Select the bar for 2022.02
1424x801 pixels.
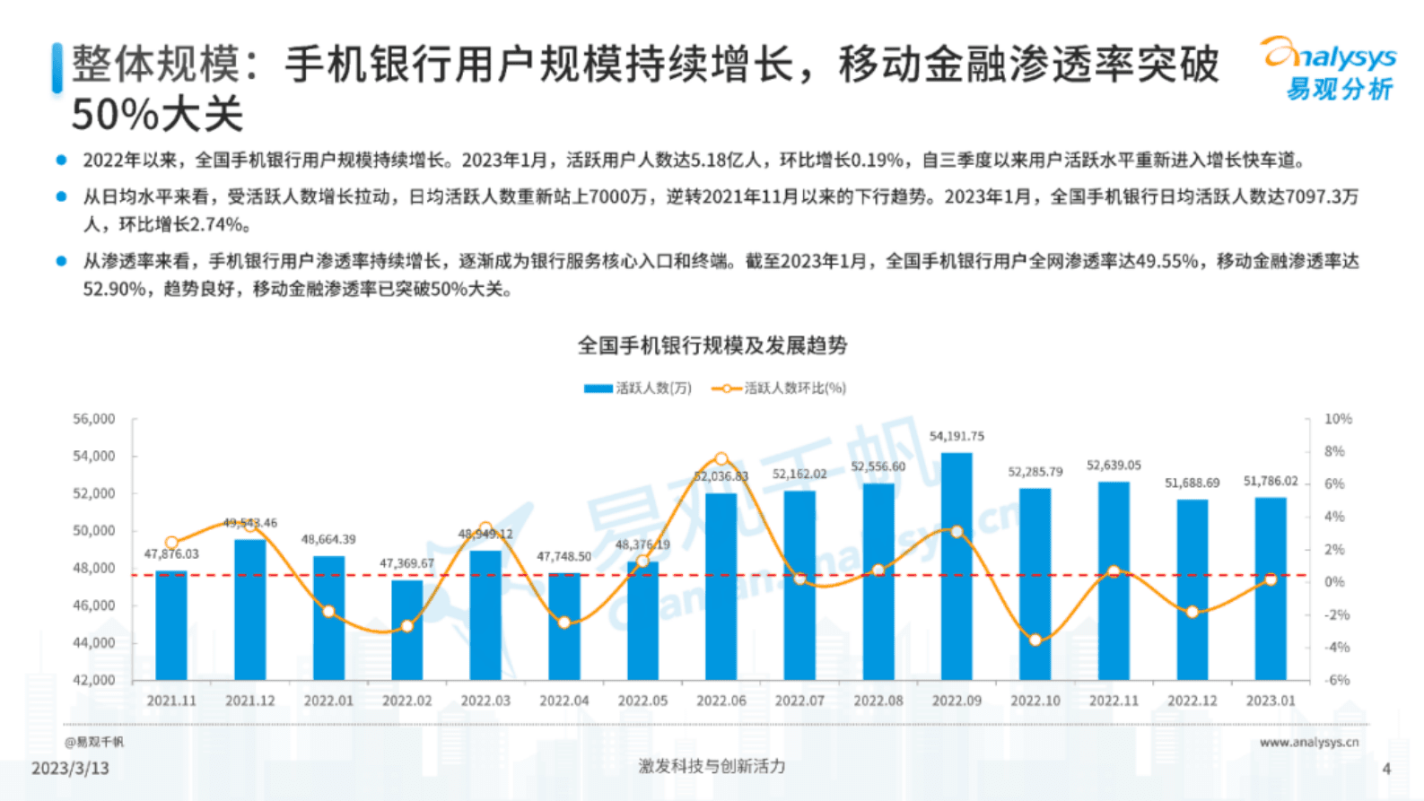click(x=406, y=630)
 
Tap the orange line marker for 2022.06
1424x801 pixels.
click(x=721, y=459)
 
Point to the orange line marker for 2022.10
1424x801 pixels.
click(x=1035, y=640)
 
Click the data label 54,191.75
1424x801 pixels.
click(x=957, y=436)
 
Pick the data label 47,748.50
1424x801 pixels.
click(x=563, y=556)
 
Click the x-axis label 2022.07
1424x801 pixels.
click(x=799, y=701)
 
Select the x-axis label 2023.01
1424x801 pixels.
click(x=1271, y=701)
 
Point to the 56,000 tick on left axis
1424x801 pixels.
click(x=94, y=419)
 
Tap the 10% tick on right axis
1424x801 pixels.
click(x=1338, y=419)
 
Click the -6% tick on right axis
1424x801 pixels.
click(x=1337, y=680)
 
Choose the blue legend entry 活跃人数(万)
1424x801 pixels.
click(x=638, y=388)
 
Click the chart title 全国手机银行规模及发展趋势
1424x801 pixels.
click(x=712, y=345)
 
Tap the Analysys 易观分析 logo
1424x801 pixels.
click(x=1330, y=69)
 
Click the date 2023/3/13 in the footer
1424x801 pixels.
click(x=70, y=769)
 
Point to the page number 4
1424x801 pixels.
click(x=1386, y=769)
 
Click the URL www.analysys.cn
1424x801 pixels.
click(x=1308, y=742)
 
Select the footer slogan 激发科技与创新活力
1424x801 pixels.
click(x=712, y=766)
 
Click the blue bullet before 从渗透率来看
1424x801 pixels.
click(x=61, y=261)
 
